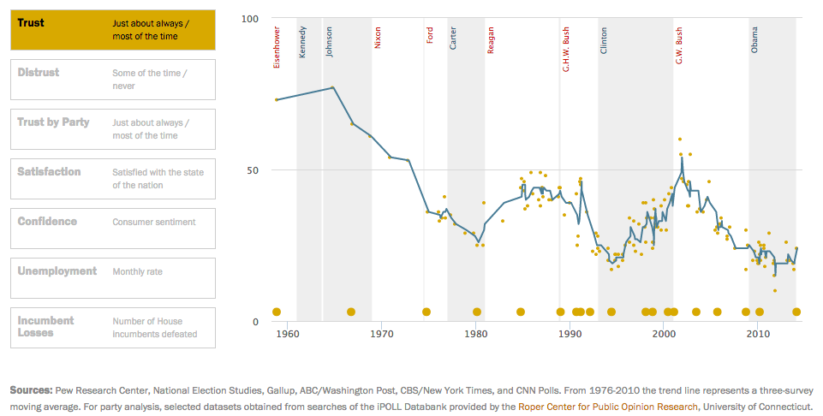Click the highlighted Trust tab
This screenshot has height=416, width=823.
112,30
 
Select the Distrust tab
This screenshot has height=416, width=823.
112,80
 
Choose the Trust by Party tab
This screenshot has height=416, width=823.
112,128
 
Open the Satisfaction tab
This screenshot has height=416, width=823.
112,178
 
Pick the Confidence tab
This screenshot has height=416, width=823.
112,228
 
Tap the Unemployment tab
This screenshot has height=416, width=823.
112,277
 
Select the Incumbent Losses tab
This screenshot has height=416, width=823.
112,327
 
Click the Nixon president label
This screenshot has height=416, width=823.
378,38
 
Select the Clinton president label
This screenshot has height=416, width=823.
604,41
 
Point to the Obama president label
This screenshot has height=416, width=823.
754,39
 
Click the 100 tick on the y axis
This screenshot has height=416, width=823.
250,18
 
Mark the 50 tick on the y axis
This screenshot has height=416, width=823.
253,170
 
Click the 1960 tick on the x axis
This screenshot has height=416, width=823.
287,334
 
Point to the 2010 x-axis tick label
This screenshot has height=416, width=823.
758,334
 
